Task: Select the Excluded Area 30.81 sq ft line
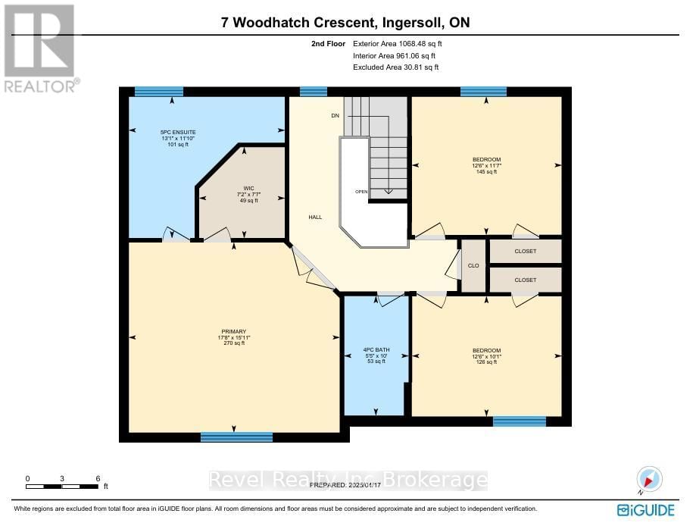click(x=396, y=67)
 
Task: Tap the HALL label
click(x=315, y=218)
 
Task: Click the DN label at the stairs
click(x=335, y=116)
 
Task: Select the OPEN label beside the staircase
click(x=361, y=192)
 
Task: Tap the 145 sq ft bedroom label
click(x=485, y=166)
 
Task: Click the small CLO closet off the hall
click(x=474, y=266)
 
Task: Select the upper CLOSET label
click(x=525, y=251)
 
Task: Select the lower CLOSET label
click(x=525, y=280)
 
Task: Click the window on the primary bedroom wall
click(x=236, y=437)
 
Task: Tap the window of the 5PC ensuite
click(x=154, y=92)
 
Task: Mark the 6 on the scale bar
click(x=98, y=479)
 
